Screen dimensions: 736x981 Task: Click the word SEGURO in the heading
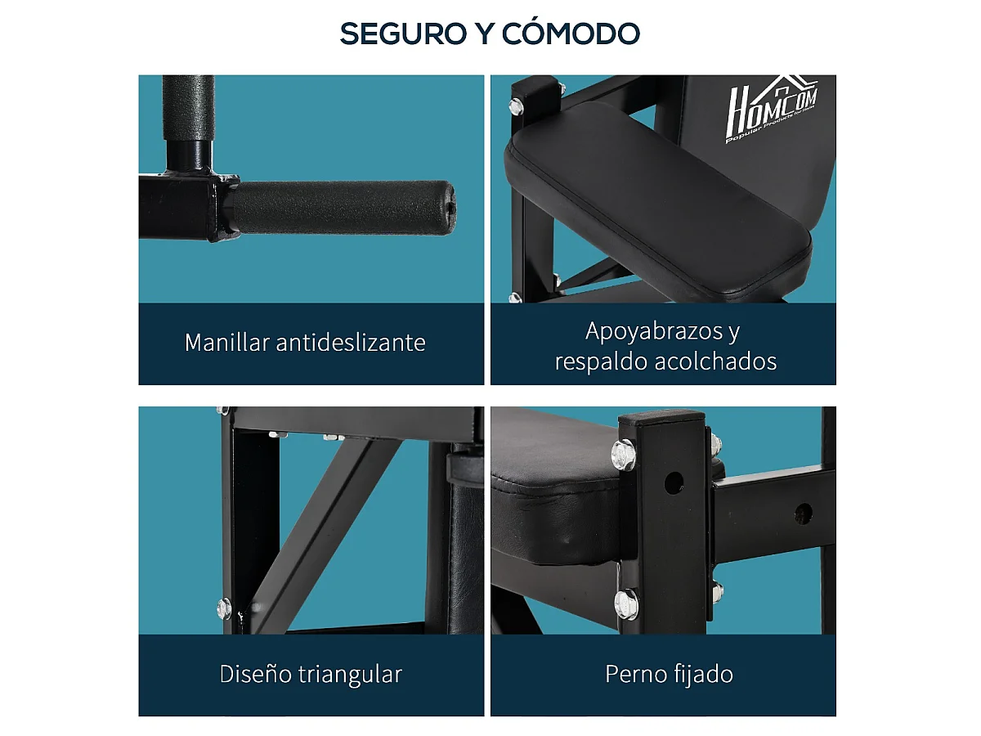click(395, 34)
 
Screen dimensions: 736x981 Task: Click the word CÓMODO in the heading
click(571, 34)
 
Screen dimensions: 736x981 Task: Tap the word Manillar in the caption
click(226, 342)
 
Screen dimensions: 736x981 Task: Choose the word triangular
click(352, 675)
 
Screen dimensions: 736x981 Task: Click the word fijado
click(703, 675)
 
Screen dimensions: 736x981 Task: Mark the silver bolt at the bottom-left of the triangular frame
click(224, 608)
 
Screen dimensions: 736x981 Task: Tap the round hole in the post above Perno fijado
click(672, 482)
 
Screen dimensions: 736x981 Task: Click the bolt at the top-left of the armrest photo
click(517, 105)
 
